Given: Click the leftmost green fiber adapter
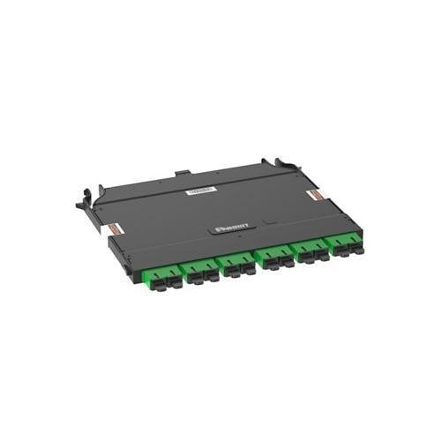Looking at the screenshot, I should (162, 276).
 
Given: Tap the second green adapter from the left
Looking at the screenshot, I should (200, 269).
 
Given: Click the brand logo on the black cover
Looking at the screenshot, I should (232, 227).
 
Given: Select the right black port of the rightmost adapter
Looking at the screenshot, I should (353, 249).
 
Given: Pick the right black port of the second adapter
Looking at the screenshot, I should (209, 275).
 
